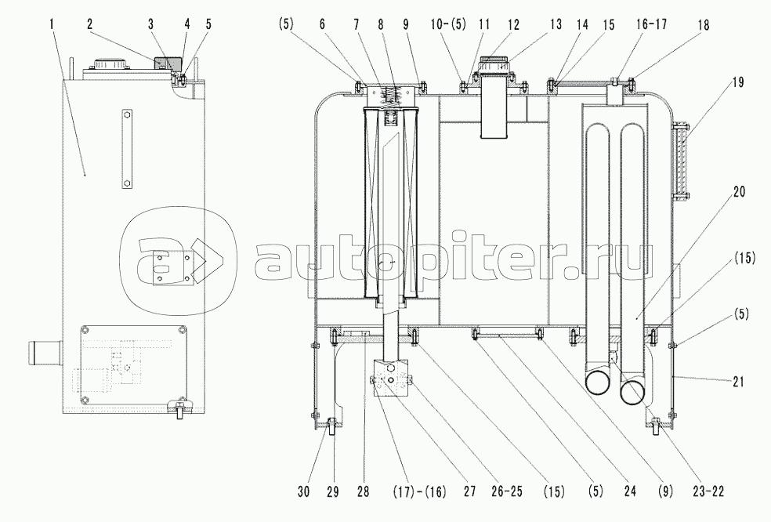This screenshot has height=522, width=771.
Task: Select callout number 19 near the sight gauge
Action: pos(737,82)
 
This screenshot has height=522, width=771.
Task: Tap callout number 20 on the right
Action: pos(738,191)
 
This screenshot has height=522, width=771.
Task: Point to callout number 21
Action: pos(737,381)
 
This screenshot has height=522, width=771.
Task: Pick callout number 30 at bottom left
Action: pos(304,491)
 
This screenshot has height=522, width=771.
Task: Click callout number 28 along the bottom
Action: pos(363,491)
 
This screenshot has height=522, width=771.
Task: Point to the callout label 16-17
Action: pos(652,24)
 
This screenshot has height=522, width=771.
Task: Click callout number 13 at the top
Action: pos(556,24)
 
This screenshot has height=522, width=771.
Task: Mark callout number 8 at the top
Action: pos(381,24)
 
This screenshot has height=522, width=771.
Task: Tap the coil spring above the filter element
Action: pos(393,96)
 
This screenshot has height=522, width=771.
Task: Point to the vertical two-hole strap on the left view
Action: pos(127,149)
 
